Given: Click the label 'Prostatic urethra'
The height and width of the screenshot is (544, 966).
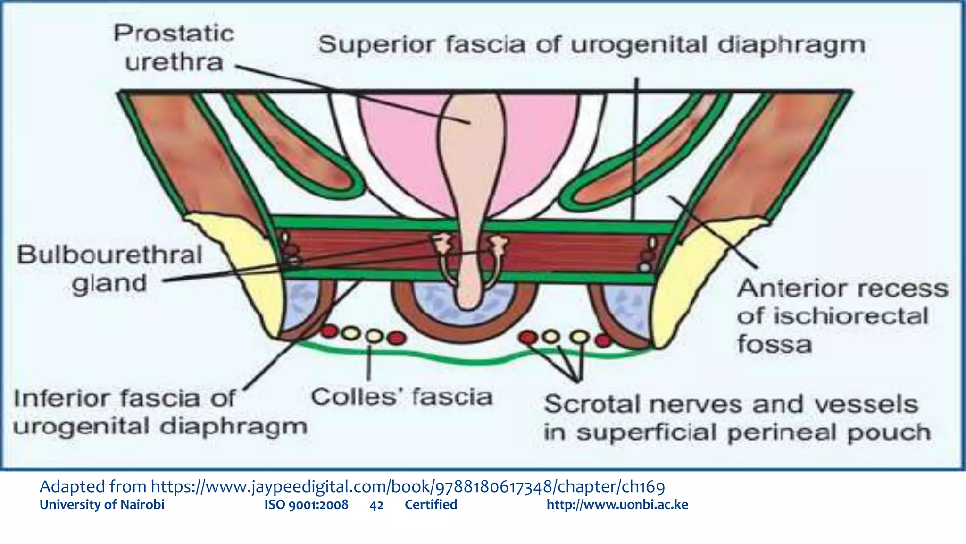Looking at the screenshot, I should pos(174,48).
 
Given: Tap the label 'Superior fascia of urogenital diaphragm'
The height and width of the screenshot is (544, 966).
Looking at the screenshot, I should pos(591,45).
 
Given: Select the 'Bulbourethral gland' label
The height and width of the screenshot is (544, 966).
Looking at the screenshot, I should pos(109,269).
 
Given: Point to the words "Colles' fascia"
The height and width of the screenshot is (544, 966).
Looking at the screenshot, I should pos(402,397).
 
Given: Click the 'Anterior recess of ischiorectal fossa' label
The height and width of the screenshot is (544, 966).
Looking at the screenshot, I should pos(842,316).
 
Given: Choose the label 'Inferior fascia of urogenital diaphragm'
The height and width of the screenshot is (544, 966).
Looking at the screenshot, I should pos(159,412).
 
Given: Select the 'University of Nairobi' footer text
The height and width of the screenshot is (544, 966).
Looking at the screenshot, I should pos(102,505).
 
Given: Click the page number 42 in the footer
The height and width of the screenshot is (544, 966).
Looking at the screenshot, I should pos(376,505).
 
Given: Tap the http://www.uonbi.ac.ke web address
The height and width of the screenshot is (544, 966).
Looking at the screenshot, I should pos(617,505).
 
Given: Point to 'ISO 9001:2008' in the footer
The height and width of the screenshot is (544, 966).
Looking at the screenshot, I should pos(306,505).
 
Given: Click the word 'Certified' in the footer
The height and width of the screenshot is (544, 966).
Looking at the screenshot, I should pos(431,505).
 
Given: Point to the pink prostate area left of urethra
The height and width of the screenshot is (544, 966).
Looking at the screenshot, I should pos(401,151).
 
